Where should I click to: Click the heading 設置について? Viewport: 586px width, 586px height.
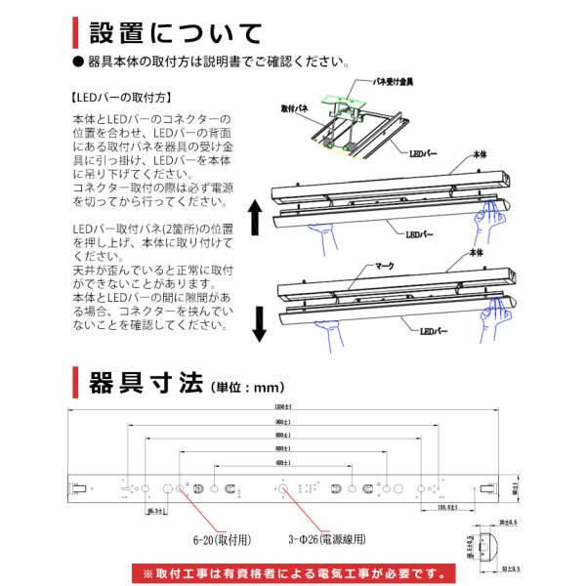pos(175,33)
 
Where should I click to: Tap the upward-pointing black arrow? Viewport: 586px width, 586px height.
pos(256,217)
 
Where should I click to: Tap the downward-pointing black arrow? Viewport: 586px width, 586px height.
pos(259,323)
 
